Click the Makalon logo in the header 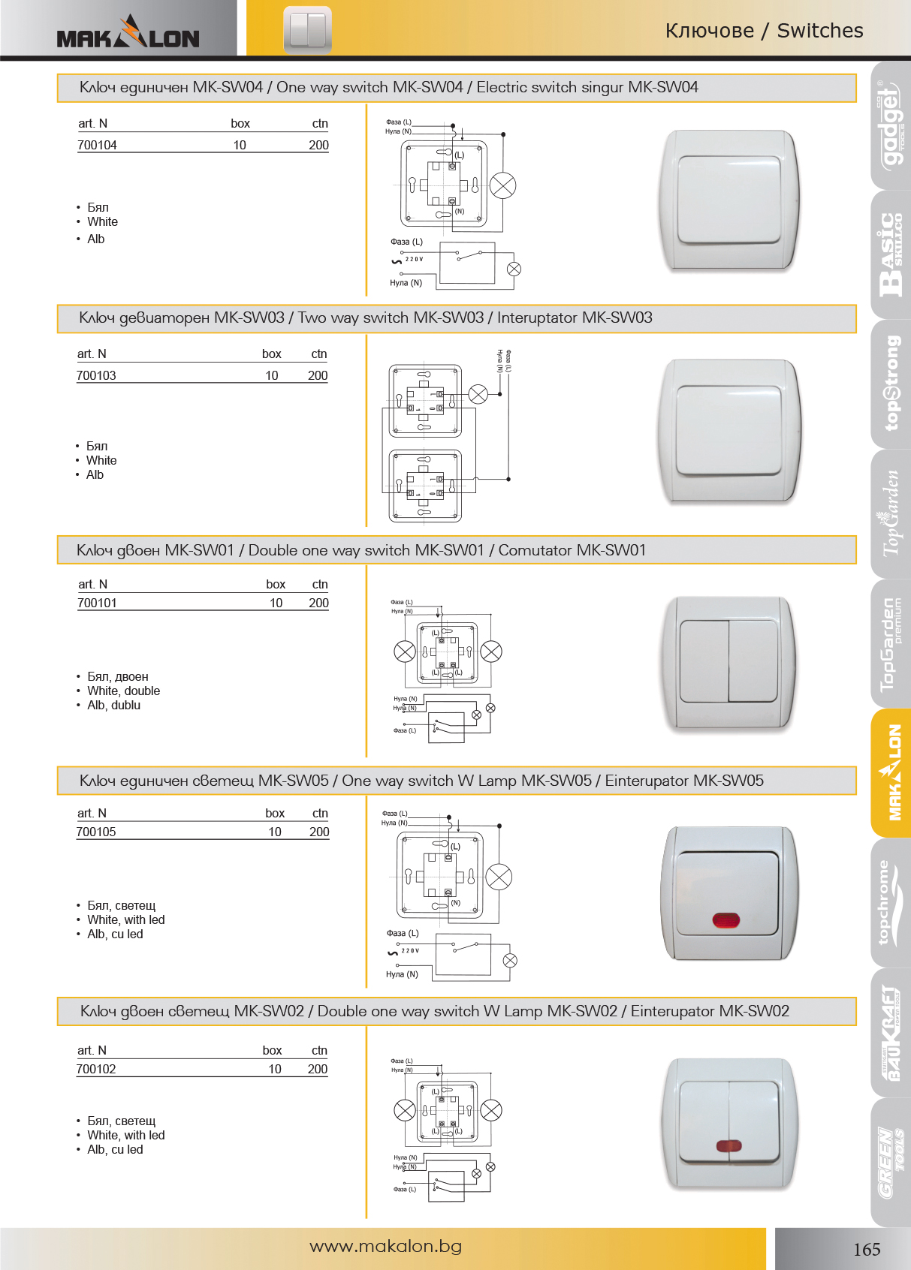[x=128, y=34]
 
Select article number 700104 [x=97, y=145]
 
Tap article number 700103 [x=96, y=375]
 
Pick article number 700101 [x=97, y=603]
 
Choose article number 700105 [x=96, y=832]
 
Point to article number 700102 [x=96, y=1069]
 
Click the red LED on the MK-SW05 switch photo [x=725, y=919]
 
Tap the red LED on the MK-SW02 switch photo [x=728, y=1145]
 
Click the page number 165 [x=866, y=1249]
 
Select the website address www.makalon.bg [x=385, y=1246]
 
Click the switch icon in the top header [x=307, y=30]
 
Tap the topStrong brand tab [x=891, y=383]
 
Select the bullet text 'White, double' [x=123, y=691]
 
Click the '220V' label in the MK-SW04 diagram [x=414, y=260]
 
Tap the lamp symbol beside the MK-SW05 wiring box [x=499, y=877]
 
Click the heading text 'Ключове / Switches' [x=764, y=31]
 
